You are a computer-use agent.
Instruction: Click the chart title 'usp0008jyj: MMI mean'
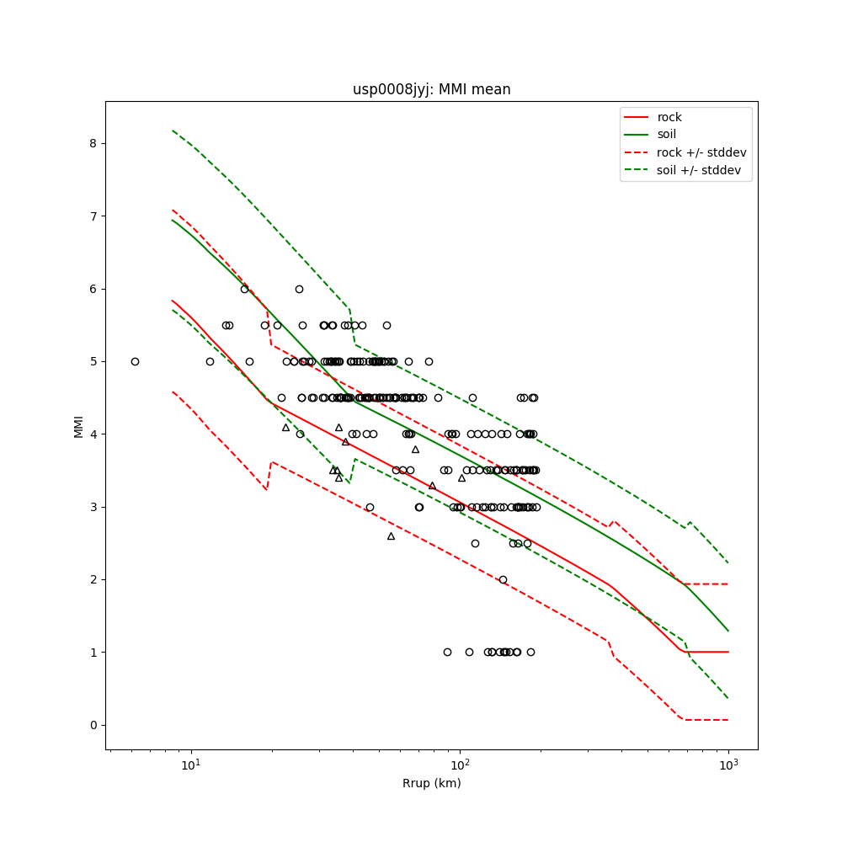tap(431, 89)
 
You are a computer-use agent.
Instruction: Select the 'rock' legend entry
tap(669, 117)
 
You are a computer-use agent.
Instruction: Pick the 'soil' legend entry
tap(667, 134)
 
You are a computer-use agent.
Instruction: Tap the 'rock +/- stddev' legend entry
tap(701, 152)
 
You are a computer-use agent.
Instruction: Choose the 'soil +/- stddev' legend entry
tap(701, 170)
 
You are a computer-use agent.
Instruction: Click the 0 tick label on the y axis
tap(93, 725)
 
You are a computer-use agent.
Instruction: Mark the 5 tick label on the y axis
tap(93, 361)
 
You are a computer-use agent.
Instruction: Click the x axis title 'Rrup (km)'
tap(431, 783)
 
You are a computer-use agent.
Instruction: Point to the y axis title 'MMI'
tap(78, 425)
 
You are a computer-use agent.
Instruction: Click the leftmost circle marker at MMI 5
tap(135, 361)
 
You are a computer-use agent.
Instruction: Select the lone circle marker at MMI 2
tap(503, 579)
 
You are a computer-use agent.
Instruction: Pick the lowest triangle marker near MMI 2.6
tap(391, 536)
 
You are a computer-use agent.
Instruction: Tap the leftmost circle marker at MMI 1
tap(447, 652)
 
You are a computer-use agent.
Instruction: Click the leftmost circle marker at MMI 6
tap(244, 289)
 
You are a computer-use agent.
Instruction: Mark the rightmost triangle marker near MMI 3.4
tap(461, 477)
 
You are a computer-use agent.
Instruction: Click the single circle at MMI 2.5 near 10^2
tap(475, 543)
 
